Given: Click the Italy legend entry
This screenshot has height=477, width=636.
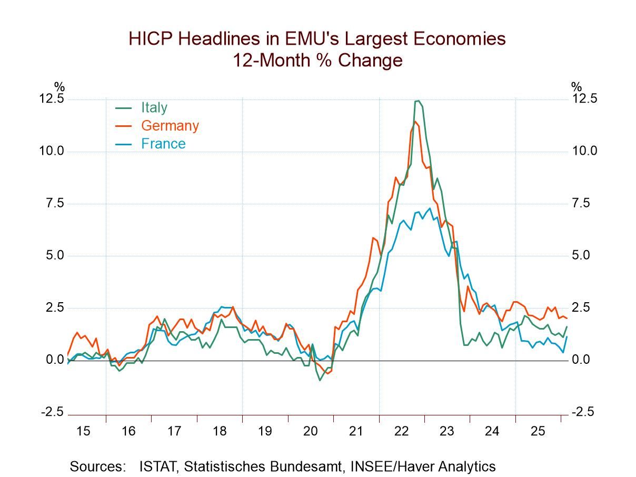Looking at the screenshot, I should [154, 107].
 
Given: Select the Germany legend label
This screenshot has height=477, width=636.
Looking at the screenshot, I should [170, 126].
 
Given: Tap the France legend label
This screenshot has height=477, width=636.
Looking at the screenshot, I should [163, 144].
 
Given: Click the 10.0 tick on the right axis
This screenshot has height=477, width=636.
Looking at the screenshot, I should [585, 151].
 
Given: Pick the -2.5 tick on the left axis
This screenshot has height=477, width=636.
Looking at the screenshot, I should [52, 412].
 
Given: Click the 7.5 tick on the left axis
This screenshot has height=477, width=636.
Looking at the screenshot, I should [55, 203].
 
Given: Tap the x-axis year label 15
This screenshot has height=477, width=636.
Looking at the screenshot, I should [83, 431].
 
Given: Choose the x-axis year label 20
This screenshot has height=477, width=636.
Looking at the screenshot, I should [311, 431].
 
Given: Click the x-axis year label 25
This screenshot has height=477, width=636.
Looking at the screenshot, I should [538, 431].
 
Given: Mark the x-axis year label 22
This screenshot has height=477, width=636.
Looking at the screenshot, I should [401, 431].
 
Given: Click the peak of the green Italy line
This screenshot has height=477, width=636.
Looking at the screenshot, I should [417, 101].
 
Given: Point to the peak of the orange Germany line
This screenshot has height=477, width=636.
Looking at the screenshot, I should [415, 122].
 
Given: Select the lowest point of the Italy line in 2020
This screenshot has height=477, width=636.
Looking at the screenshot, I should [320, 380].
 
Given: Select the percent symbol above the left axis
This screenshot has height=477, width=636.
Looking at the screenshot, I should [59, 87].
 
